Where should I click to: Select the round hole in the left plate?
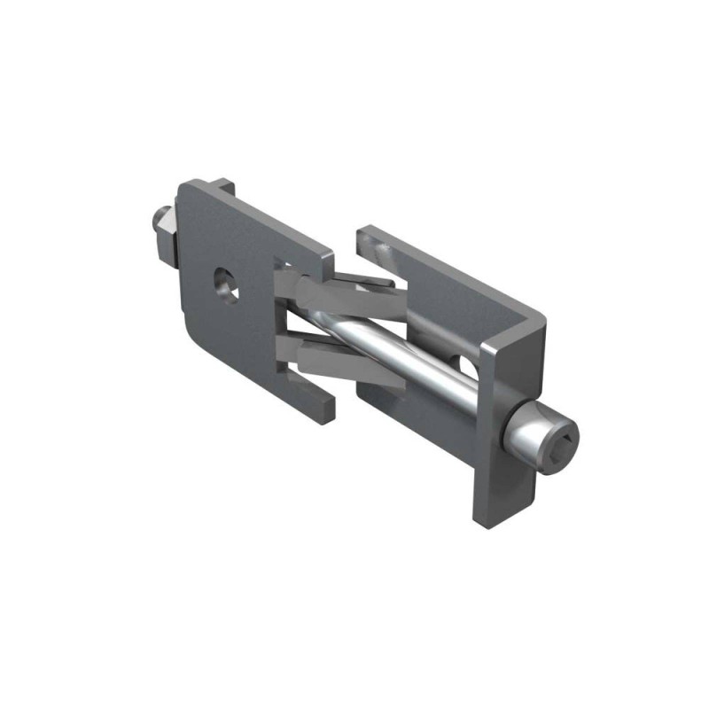(x=223, y=284)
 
